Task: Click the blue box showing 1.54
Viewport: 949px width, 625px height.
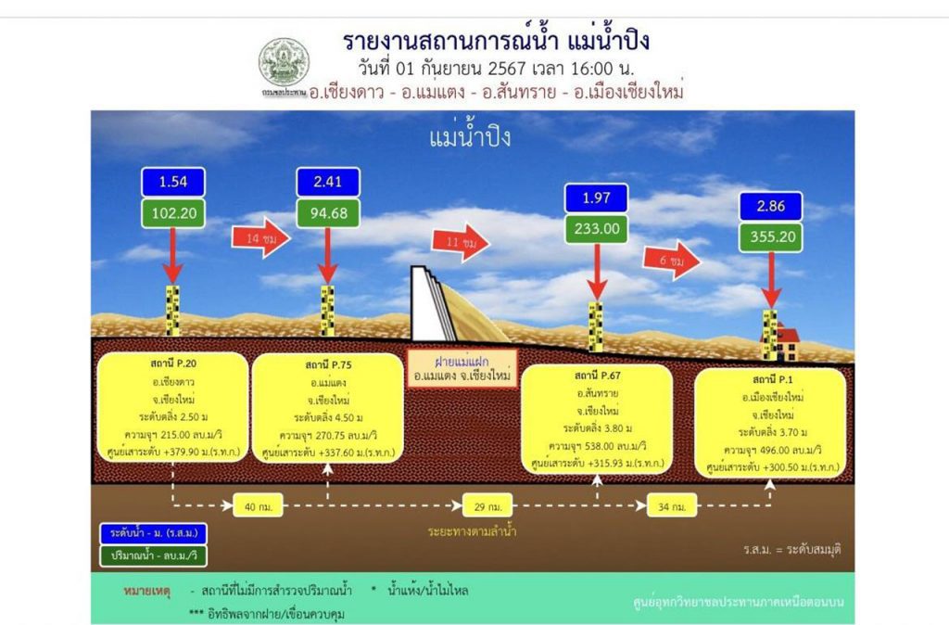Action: tap(173, 182)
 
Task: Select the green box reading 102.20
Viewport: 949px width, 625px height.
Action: tap(173, 213)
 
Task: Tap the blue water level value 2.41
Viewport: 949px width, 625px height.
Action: tap(327, 182)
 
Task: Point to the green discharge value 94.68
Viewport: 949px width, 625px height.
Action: tap(327, 213)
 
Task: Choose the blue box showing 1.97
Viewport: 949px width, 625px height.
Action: tap(596, 198)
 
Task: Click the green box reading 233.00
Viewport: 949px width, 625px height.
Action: tap(596, 229)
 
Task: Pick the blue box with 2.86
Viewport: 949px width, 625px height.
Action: tap(770, 206)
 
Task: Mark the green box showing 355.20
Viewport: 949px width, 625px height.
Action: tap(770, 237)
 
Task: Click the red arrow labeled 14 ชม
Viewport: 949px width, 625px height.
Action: tap(260, 237)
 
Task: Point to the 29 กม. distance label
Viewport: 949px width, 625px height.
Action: tap(487, 506)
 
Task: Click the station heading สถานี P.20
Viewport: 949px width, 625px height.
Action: tap(171, 364)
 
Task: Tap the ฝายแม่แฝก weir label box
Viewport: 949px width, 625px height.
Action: tap(462, 369)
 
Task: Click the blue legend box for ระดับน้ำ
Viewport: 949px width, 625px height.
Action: tap(154, 534)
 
